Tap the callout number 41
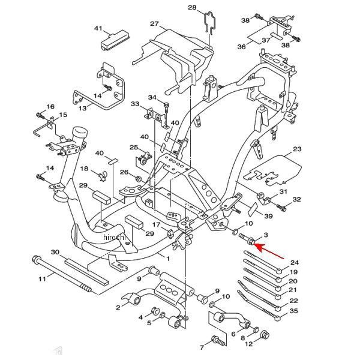[99, 28]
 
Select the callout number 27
[154, 24]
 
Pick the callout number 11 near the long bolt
[42, 279]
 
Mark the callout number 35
[293, 311]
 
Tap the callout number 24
[294, 263]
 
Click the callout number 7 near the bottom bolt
[202, 347]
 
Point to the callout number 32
[296, 199]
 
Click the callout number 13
[83, 108]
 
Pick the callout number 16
[50, 106]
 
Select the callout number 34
[152, 97]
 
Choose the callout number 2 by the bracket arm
[118, 307]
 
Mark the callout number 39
[268, 216]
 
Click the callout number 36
[242, 47]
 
